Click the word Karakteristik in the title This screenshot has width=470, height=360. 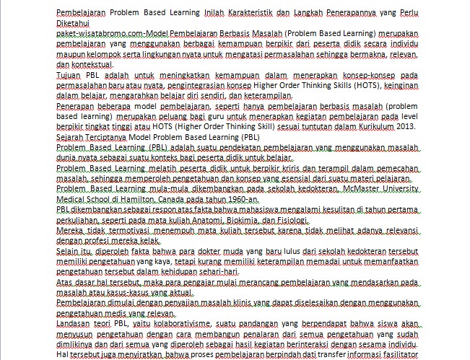(x=245, y=13)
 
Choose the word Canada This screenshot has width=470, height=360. (x=179, y=198)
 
